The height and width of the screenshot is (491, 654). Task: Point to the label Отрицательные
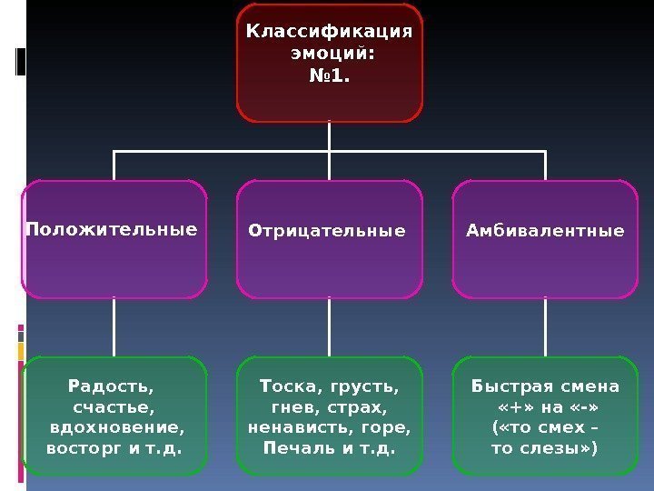click(x=327, y=231)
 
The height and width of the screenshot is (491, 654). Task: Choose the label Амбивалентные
click(x=545, y=231)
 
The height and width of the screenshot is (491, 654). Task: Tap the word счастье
click(x=113, y=407)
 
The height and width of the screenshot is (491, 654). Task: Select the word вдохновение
click(x=116, y=427)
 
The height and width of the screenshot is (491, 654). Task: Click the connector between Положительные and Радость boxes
click(x=114, y=327)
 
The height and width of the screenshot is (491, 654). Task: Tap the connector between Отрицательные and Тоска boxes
click(x=329, y=327)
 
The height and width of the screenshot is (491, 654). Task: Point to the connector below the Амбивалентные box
click(x=545, y=327)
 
